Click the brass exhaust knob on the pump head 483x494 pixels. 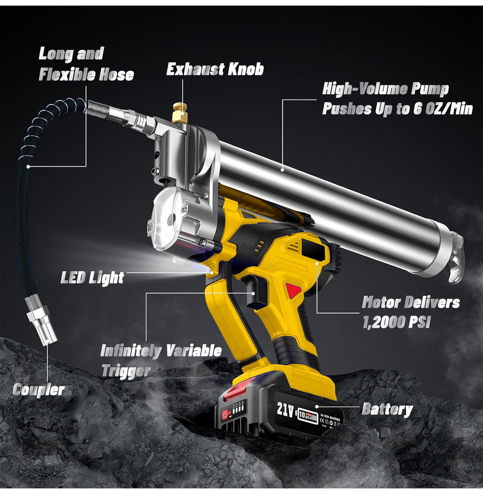pos(181,113)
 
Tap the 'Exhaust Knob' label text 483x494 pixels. pos(215,70)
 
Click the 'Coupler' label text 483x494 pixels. pos(38,390)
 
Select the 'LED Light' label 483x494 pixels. pos(92,277)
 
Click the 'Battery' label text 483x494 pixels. pos(387,409)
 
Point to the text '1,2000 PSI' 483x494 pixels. pos(396,322)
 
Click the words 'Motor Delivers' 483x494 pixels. pos(411,302)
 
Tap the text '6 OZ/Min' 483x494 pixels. pos(442,108)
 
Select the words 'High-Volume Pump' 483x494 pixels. pos(385,89)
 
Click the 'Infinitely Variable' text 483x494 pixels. pos(161,351)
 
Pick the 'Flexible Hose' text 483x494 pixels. pos(86,74)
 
